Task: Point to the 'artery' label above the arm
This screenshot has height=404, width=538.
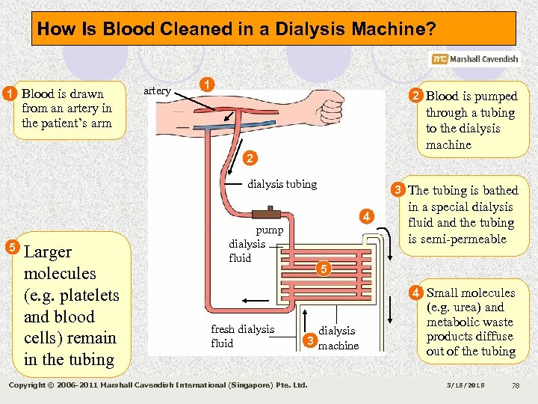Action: click(157, 91)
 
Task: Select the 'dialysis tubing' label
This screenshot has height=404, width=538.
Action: click(282, 184)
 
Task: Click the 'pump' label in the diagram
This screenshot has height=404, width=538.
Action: click(270, 230)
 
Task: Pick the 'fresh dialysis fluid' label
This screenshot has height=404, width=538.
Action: click(242, 336)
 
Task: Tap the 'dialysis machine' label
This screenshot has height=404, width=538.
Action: click(338, 337)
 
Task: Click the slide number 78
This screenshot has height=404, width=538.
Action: click(515, 385)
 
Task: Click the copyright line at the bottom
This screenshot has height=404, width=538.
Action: click(157, 385)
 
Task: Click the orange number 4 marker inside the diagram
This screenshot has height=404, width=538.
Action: click(366, 217)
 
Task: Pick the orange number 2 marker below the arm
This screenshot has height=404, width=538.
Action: click(250, 158)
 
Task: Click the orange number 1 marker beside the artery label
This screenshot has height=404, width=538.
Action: click(208, 85)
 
